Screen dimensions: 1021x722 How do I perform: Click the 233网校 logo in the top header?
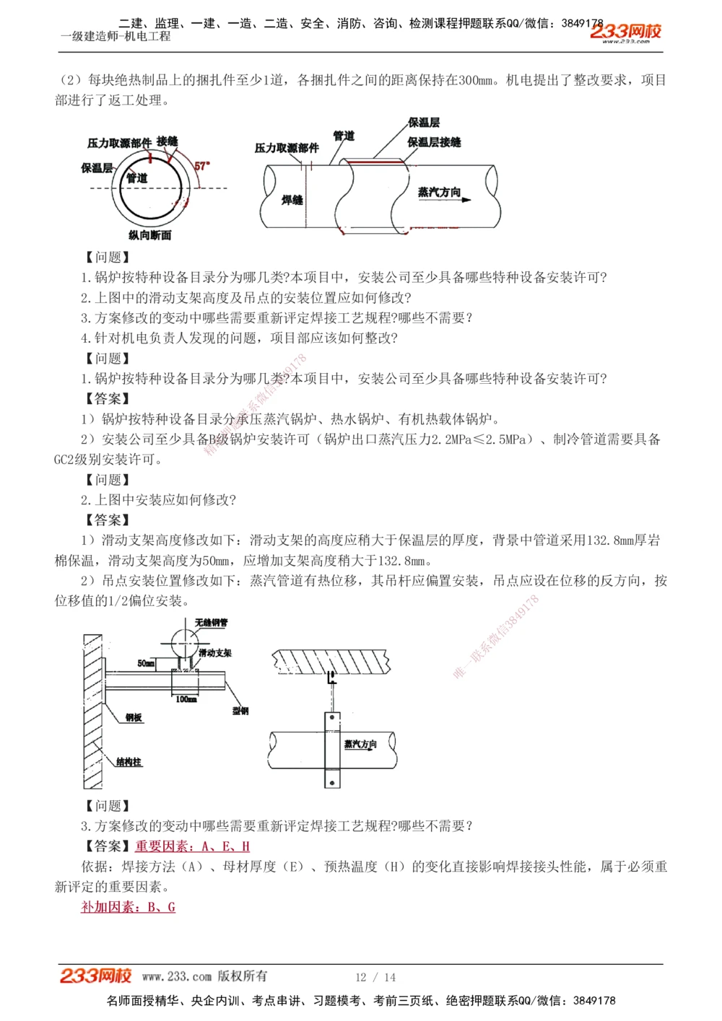tap(625, 32)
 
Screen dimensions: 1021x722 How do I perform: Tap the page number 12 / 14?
tap(375, 977)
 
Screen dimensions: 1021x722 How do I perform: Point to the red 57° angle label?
tap(202, 166)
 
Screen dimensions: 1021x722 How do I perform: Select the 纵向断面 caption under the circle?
tap(150, 235)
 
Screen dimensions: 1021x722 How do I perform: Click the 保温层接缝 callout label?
tap(434, 142)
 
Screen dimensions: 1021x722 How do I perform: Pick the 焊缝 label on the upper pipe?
tap(292, 200)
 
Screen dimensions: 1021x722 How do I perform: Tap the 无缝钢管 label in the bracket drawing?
tap(211, 623)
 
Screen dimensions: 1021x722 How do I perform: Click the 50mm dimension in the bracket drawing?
tap(146, 663)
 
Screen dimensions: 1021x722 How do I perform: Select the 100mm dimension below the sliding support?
tap(186, 699)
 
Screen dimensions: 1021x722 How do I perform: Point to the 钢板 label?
tap(134, 717)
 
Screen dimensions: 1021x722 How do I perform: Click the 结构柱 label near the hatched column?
tap(129, 762)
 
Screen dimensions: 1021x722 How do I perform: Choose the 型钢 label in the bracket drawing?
tap(240, 711)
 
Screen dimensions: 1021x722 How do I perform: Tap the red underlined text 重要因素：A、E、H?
tap(192, 846)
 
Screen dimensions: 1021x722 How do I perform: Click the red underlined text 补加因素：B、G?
tap(128, 907)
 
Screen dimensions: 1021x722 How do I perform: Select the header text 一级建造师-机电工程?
tap(116, 36)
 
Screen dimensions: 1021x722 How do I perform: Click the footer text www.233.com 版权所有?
tap(204, 976)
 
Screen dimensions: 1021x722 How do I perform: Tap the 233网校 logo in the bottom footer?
tap(95, 976)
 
